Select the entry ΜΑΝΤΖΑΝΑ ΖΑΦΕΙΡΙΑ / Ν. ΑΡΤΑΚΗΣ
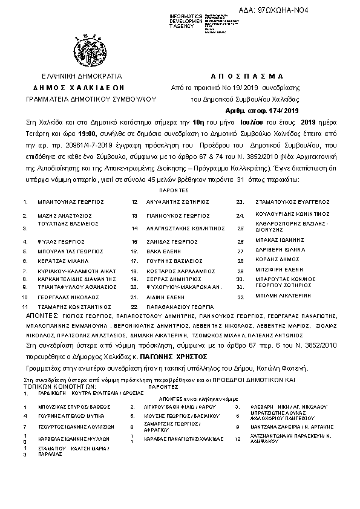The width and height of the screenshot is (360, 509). point(293,427)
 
